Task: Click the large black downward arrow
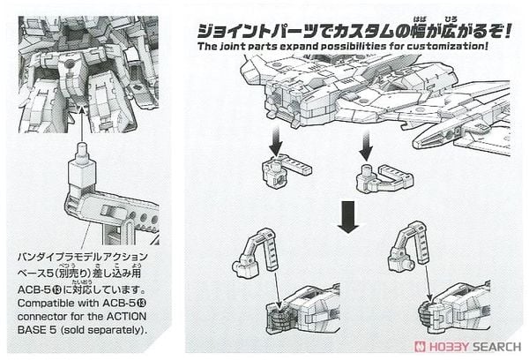click(349, 214)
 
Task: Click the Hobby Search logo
click(476, 347)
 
